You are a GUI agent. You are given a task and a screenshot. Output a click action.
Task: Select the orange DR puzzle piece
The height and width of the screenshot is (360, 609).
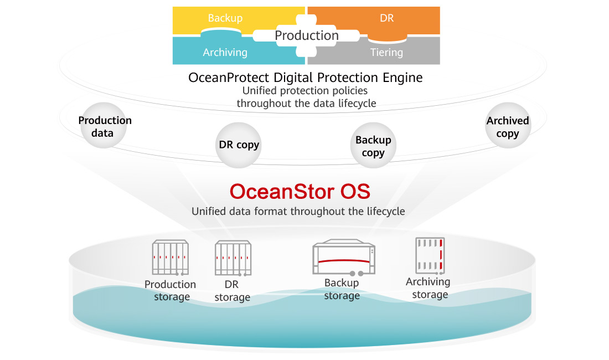point(387,19)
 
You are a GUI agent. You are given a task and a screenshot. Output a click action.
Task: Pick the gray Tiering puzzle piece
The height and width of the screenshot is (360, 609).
point(386,53)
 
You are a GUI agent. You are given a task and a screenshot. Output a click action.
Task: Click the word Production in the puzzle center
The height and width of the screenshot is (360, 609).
point(307,35)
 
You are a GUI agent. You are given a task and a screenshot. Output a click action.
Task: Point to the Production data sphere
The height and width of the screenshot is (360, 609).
point(105,126)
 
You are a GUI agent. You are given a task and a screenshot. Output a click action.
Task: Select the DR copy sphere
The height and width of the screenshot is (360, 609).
point(238,145)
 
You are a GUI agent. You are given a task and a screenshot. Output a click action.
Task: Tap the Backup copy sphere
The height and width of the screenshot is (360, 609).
point(373,146)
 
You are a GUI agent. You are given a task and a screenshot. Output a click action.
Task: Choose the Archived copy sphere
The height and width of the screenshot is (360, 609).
point(508,127)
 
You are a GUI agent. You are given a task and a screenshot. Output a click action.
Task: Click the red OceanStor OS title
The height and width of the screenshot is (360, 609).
point(300,192)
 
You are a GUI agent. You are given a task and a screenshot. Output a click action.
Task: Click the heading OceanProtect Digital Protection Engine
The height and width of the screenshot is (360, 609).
point(305,78)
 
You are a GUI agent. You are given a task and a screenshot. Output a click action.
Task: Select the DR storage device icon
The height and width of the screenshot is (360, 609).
point(233,258)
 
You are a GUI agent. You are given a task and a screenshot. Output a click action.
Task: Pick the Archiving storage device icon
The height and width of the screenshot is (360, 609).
point(430,256)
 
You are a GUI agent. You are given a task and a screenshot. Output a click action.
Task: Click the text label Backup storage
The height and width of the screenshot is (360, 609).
point(342,289)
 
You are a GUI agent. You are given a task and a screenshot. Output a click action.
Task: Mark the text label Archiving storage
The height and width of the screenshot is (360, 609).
point(428,288)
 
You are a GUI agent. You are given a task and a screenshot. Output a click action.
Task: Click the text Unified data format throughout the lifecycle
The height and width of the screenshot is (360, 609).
point(298,212)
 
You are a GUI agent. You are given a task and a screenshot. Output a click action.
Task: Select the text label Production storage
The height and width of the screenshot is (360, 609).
point(170,290)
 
